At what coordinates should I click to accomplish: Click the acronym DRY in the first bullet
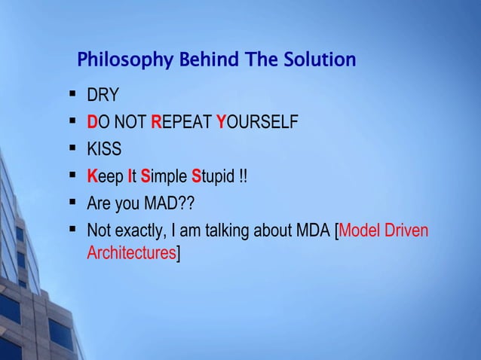(x=104, y=97)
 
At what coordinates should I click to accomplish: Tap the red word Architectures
(x=131, y=252)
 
